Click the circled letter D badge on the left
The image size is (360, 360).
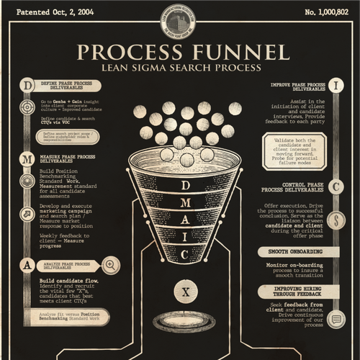click(27, 85)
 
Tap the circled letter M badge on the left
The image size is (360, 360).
click(27, 158)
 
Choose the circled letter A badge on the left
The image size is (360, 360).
click(27, 264)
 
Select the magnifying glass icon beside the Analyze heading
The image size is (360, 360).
click(110, 264)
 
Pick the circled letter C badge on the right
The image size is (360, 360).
click(336, 186)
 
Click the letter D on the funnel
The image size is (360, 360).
click(185, 185)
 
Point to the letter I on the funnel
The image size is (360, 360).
click(185, 236)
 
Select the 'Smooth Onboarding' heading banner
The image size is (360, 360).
click(298, 252)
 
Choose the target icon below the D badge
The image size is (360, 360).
click(27, 107)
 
